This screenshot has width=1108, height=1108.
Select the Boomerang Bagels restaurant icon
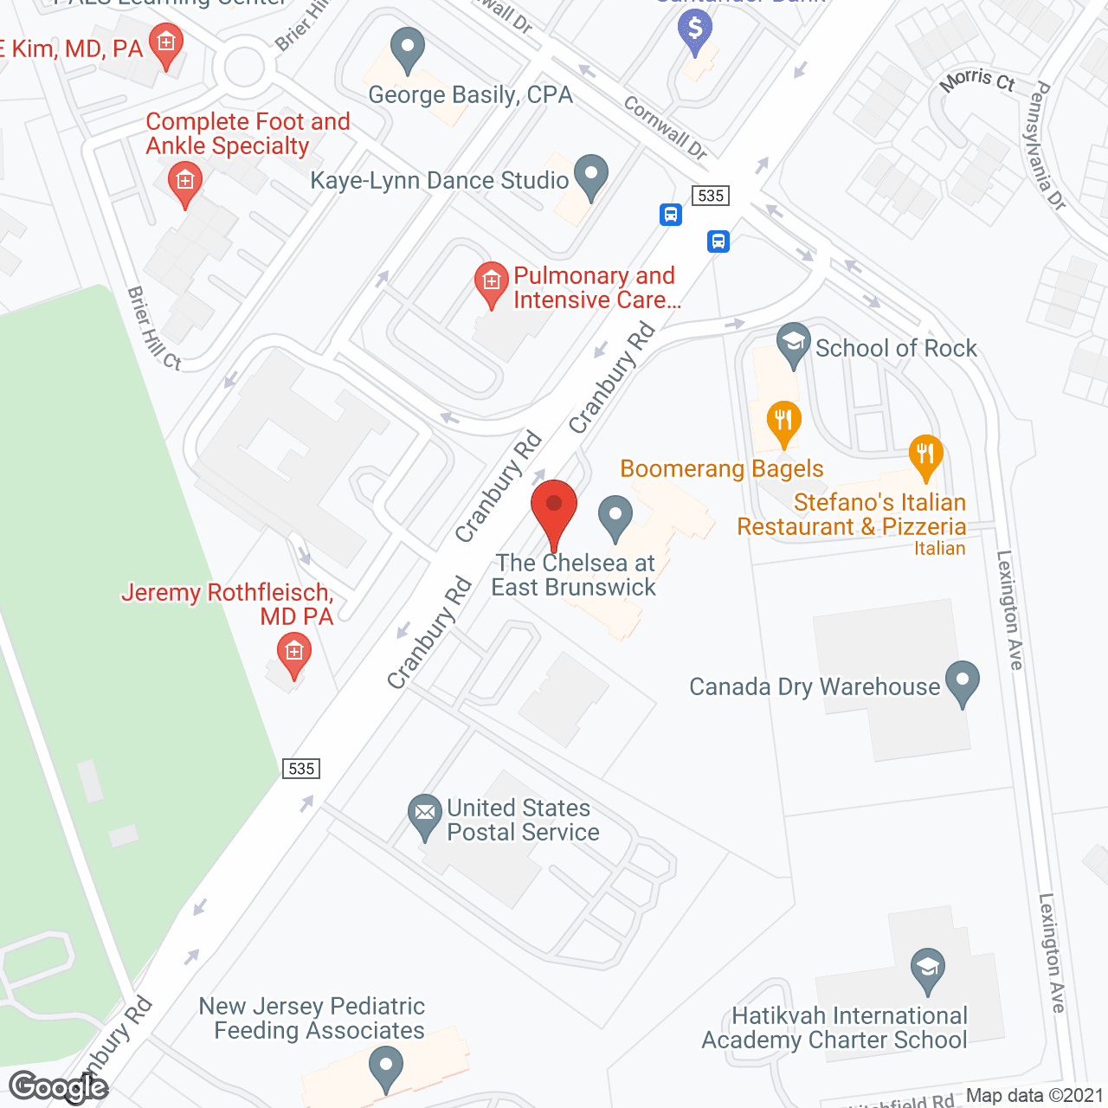tap(783, 421)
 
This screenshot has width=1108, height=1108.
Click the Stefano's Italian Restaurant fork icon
tap(925, 454)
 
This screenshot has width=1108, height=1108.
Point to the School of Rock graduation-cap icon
tap(793, 343)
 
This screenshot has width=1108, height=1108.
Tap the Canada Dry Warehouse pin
tap(962, 681)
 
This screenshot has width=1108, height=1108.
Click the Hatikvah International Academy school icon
tap(927, 967)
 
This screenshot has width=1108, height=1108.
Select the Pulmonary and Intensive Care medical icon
tap(491, 282)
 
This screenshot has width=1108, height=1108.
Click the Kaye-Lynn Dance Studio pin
tap(591, 175)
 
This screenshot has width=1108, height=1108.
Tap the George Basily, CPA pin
tap(407, 48)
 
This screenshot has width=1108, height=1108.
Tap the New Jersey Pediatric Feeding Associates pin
tap(386, 1066)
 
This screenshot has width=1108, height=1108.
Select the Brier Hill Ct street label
tap(154, 329)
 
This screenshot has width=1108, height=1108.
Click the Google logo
tap(59, 1087)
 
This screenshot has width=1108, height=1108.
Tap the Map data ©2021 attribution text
tap(1034, 1096)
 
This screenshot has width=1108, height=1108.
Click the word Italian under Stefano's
tap(939, 548)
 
